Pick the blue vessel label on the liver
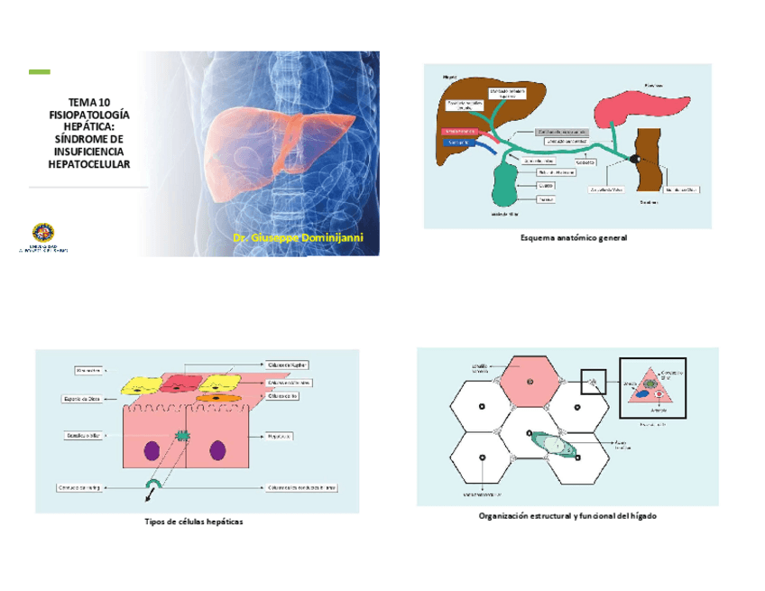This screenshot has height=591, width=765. pos(458,142)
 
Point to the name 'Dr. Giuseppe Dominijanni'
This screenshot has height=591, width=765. pos(297,237)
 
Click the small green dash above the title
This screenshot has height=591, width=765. pos(39,72)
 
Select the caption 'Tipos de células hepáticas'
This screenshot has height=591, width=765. pos(194,522)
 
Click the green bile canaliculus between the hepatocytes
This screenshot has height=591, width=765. pos(184,438)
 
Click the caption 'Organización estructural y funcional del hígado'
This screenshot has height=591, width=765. pos(567,516)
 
